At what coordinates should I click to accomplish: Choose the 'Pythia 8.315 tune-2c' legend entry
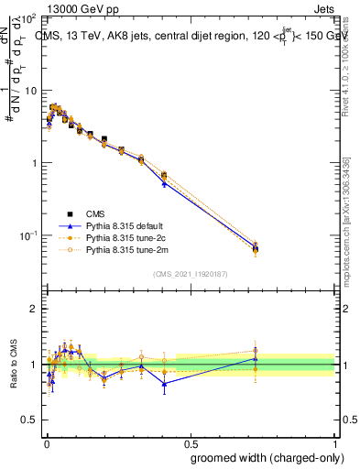tap(127, 236)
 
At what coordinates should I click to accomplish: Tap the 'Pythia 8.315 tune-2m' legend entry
tap(127, 248)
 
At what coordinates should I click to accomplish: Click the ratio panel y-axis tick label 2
tap(33, 310)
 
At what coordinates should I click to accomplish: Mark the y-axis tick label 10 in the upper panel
tap(29, 92)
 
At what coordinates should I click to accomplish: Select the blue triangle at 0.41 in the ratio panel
tap(164, 384)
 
